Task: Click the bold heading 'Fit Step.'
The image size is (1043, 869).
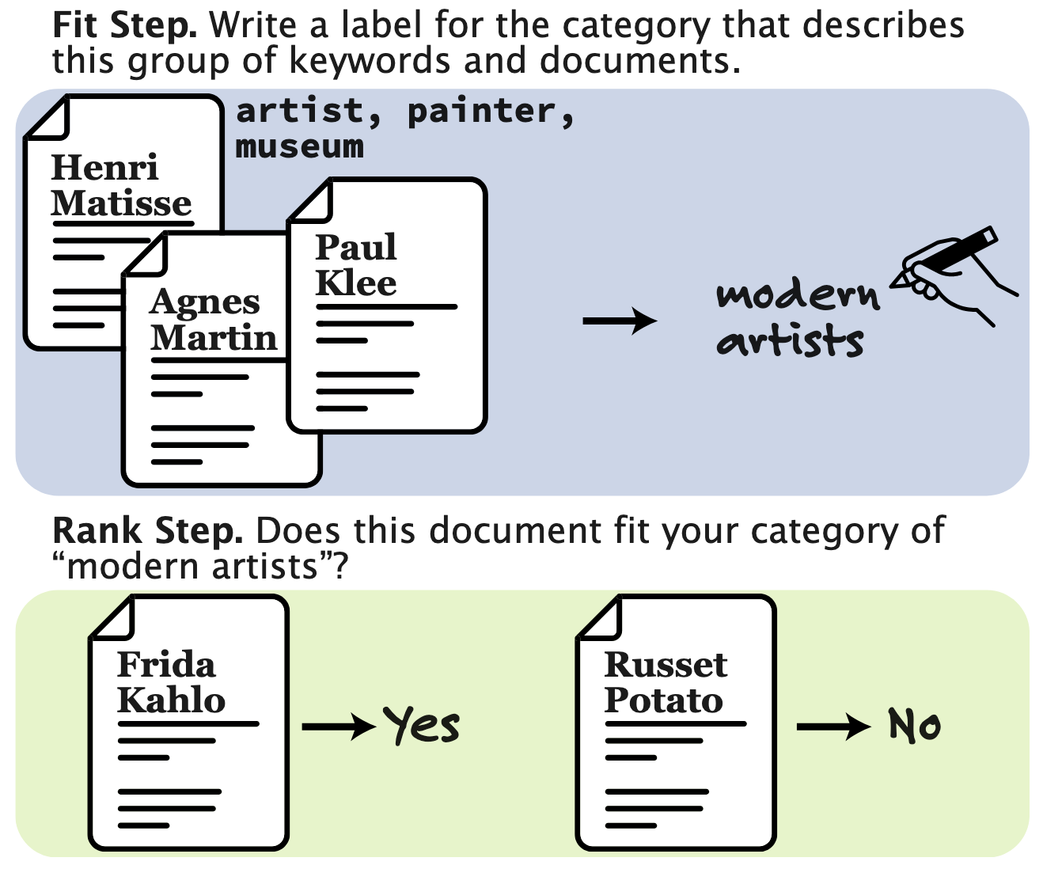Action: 124,26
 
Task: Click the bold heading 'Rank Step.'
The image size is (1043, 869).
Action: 147,531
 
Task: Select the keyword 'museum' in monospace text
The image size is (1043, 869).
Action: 299,147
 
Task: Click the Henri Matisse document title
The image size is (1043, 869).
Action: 120,185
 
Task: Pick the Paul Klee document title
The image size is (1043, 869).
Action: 356,265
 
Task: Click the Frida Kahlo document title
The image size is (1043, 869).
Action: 170,682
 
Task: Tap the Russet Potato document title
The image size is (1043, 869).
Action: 665,682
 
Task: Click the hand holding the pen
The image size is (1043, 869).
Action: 954,273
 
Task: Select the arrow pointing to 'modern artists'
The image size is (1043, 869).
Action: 619,321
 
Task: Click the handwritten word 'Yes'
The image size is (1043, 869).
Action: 422,725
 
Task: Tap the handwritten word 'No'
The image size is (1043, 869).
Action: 914,725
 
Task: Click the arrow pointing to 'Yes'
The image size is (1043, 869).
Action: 338,726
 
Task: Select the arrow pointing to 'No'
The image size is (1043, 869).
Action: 833,726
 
